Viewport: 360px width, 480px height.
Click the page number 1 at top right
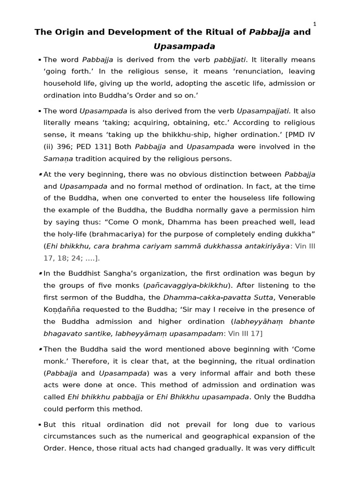pyautogui.click(x=315, y=24)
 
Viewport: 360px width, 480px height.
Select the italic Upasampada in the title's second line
pyautogui.click(x=184, y=46)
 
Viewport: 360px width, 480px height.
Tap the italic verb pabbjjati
pyautogui.click(x=230, y=60)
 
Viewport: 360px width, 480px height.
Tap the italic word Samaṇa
pyautogui.click(x=56, y=159)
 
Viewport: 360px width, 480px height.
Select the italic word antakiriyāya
pyautogui.click(x=264, y=246)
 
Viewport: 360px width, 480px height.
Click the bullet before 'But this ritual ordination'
pyautogui.click(x=40, y=424)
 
